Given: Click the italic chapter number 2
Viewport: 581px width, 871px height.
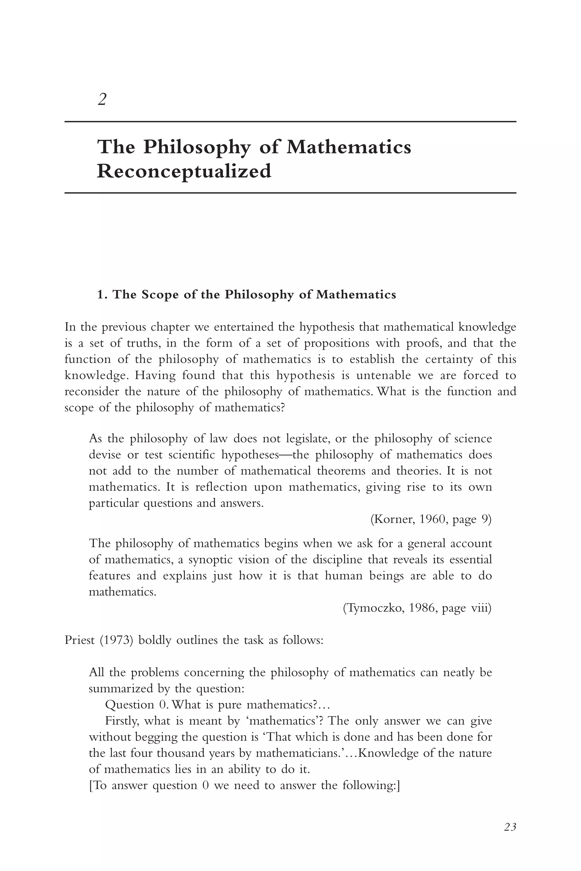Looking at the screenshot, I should [x=102, y=99].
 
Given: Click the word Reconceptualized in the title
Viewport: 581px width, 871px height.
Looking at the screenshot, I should [x=184, y=171].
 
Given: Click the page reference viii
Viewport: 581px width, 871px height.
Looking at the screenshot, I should [x=481, y=608].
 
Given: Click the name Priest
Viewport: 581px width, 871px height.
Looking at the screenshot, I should [x=79, y=640].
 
